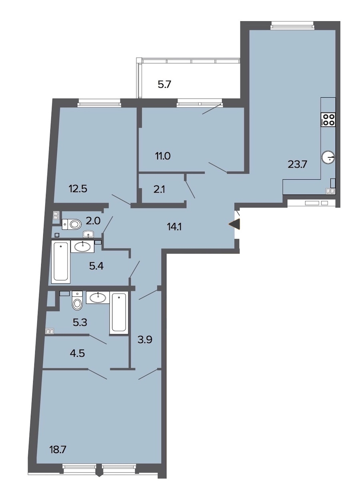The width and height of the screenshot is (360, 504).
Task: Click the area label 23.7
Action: (x=297, y=165)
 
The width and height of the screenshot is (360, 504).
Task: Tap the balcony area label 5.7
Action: (x=164, y=85)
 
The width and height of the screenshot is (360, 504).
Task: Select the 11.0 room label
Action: (x=163, y=156)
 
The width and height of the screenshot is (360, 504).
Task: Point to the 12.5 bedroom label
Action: (x=78, y=189)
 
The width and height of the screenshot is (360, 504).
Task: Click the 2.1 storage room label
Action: (x=160, y=190)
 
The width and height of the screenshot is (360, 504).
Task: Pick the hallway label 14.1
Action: (x=174, y=227)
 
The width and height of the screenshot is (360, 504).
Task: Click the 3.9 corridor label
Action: (x=145, y=339)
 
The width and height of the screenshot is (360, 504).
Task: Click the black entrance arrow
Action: (x=234, y=225)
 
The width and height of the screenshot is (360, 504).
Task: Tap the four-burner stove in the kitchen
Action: (x=328, y=119)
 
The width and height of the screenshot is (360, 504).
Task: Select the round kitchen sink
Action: (x=328, y=157)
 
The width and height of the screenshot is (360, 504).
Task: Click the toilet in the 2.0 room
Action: (x=72, y=224)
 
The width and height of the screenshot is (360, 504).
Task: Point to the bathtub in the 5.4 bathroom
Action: (x=61, y=261)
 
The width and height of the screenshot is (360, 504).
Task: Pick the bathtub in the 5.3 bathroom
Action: (x=119, y=312)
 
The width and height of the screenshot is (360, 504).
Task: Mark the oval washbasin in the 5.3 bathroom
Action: (x=98, y=297)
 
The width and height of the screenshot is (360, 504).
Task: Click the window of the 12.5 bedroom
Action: (x=99, y=104)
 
